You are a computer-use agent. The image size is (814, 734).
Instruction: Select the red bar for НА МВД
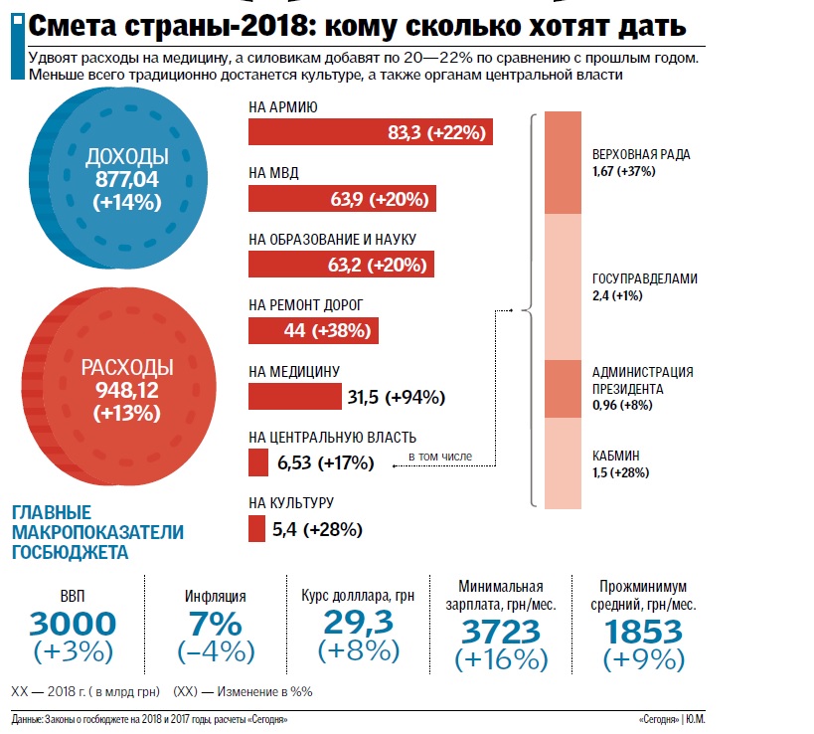click(342, 199)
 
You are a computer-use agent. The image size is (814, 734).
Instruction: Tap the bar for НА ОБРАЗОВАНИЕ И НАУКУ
click(340, 264)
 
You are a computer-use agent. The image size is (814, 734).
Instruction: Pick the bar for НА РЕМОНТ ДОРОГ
click(313, 329)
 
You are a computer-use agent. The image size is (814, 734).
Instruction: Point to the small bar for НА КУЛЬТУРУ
click(256, 528)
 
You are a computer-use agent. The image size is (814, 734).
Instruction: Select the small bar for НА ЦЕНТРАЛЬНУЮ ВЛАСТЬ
click(257, 462)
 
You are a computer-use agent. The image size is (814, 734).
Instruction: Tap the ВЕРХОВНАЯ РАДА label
click(639, 154)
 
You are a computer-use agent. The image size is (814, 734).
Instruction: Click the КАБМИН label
click(615, 456)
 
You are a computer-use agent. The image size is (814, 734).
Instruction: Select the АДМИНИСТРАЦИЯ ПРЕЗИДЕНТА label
click(642, 380)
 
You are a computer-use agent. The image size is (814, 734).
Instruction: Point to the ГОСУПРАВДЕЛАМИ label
click(644, 279)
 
